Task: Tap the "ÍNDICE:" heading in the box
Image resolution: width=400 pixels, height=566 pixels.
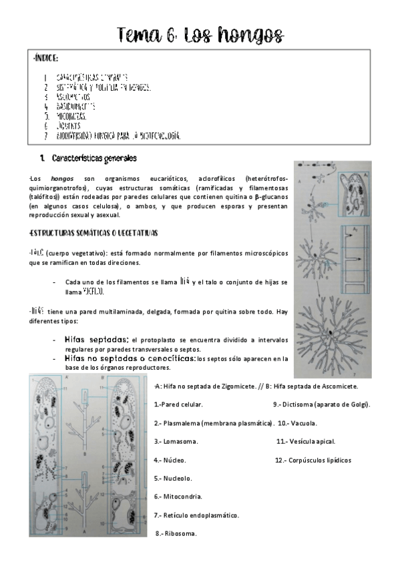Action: point(45,59)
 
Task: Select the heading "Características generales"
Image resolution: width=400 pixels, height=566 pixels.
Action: point(93,159)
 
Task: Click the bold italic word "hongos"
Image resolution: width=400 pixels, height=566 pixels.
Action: point(62,178)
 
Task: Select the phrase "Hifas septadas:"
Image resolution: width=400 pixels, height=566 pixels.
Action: point(97,340)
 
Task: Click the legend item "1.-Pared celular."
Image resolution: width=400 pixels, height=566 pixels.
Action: point(178,404)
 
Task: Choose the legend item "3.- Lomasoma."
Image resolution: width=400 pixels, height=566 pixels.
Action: point(176,441)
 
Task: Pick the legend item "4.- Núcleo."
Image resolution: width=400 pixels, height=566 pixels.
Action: point(170,460)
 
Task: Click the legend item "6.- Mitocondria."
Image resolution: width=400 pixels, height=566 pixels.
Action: point(178,497)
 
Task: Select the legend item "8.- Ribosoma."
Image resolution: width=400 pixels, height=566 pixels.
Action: point(176,533)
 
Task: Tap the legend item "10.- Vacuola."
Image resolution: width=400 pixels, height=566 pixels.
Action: point(297,423)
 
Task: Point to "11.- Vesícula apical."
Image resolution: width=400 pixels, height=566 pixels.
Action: point(306,441)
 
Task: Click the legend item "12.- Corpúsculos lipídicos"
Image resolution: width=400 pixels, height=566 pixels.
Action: point(313,460)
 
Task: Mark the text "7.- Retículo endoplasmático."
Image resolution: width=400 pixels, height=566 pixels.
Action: point(196,515)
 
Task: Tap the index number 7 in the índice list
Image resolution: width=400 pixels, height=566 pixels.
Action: point(45,135)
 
